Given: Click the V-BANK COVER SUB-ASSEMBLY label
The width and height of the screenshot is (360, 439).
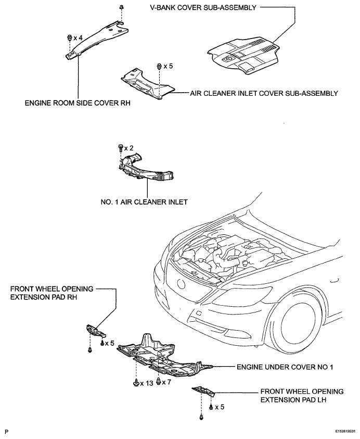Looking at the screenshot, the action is tap(203, 8).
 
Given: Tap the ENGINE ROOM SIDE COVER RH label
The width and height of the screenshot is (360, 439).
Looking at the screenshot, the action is tap(78, 103).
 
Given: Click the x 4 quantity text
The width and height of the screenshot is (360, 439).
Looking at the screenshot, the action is tap(78, 38).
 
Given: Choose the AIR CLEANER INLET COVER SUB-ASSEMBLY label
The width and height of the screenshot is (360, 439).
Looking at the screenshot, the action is tap(264, 93).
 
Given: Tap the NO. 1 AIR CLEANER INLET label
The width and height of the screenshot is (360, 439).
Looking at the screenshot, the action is tap(144, 202).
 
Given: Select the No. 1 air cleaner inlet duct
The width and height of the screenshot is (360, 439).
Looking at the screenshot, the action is tap(146, 168).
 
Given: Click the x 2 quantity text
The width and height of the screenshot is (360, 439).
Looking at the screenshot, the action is tap(128, 148).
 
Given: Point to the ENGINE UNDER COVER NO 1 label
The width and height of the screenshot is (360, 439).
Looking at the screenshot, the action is tap(285, 367).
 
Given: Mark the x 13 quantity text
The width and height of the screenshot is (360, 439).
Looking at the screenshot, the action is tap(147, 383).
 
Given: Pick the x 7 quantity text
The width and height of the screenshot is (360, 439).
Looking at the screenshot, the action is tap(166, 382).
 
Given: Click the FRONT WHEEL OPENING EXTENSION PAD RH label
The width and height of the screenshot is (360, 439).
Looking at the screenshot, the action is tap(52, 293).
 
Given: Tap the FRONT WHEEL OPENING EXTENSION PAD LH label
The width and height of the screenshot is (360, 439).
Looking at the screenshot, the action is tap(302, 395).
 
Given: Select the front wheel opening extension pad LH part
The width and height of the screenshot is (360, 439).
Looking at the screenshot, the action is tap(203, 391).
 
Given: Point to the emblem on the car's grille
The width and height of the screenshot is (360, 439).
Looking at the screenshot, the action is tap(181, 284).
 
